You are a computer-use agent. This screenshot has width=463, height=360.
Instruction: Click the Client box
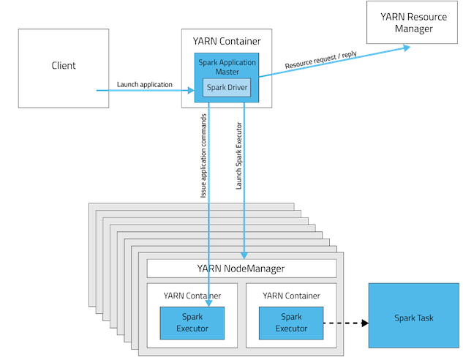(x=64, y=66)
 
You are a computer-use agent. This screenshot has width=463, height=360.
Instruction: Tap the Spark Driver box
(x=227, y=89)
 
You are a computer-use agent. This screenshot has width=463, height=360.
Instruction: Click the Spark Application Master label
(x=227, y=67)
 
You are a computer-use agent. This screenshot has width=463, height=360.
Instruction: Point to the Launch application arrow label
(x=145, y=85)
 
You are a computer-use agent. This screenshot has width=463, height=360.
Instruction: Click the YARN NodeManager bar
(x=241, y=269)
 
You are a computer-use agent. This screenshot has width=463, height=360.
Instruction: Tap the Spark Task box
(x=414, y=318)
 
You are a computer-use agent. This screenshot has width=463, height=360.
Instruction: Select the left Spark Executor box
(x=192, y=323)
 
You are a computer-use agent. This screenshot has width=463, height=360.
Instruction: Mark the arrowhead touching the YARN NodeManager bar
(x=244, y=255)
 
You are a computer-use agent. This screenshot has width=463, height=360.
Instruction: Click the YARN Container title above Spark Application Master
(x=227, y=41)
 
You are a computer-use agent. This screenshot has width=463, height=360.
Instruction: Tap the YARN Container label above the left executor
(x=192, y=296)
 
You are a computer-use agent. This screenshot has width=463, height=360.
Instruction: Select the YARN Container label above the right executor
(x=290, y=296)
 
